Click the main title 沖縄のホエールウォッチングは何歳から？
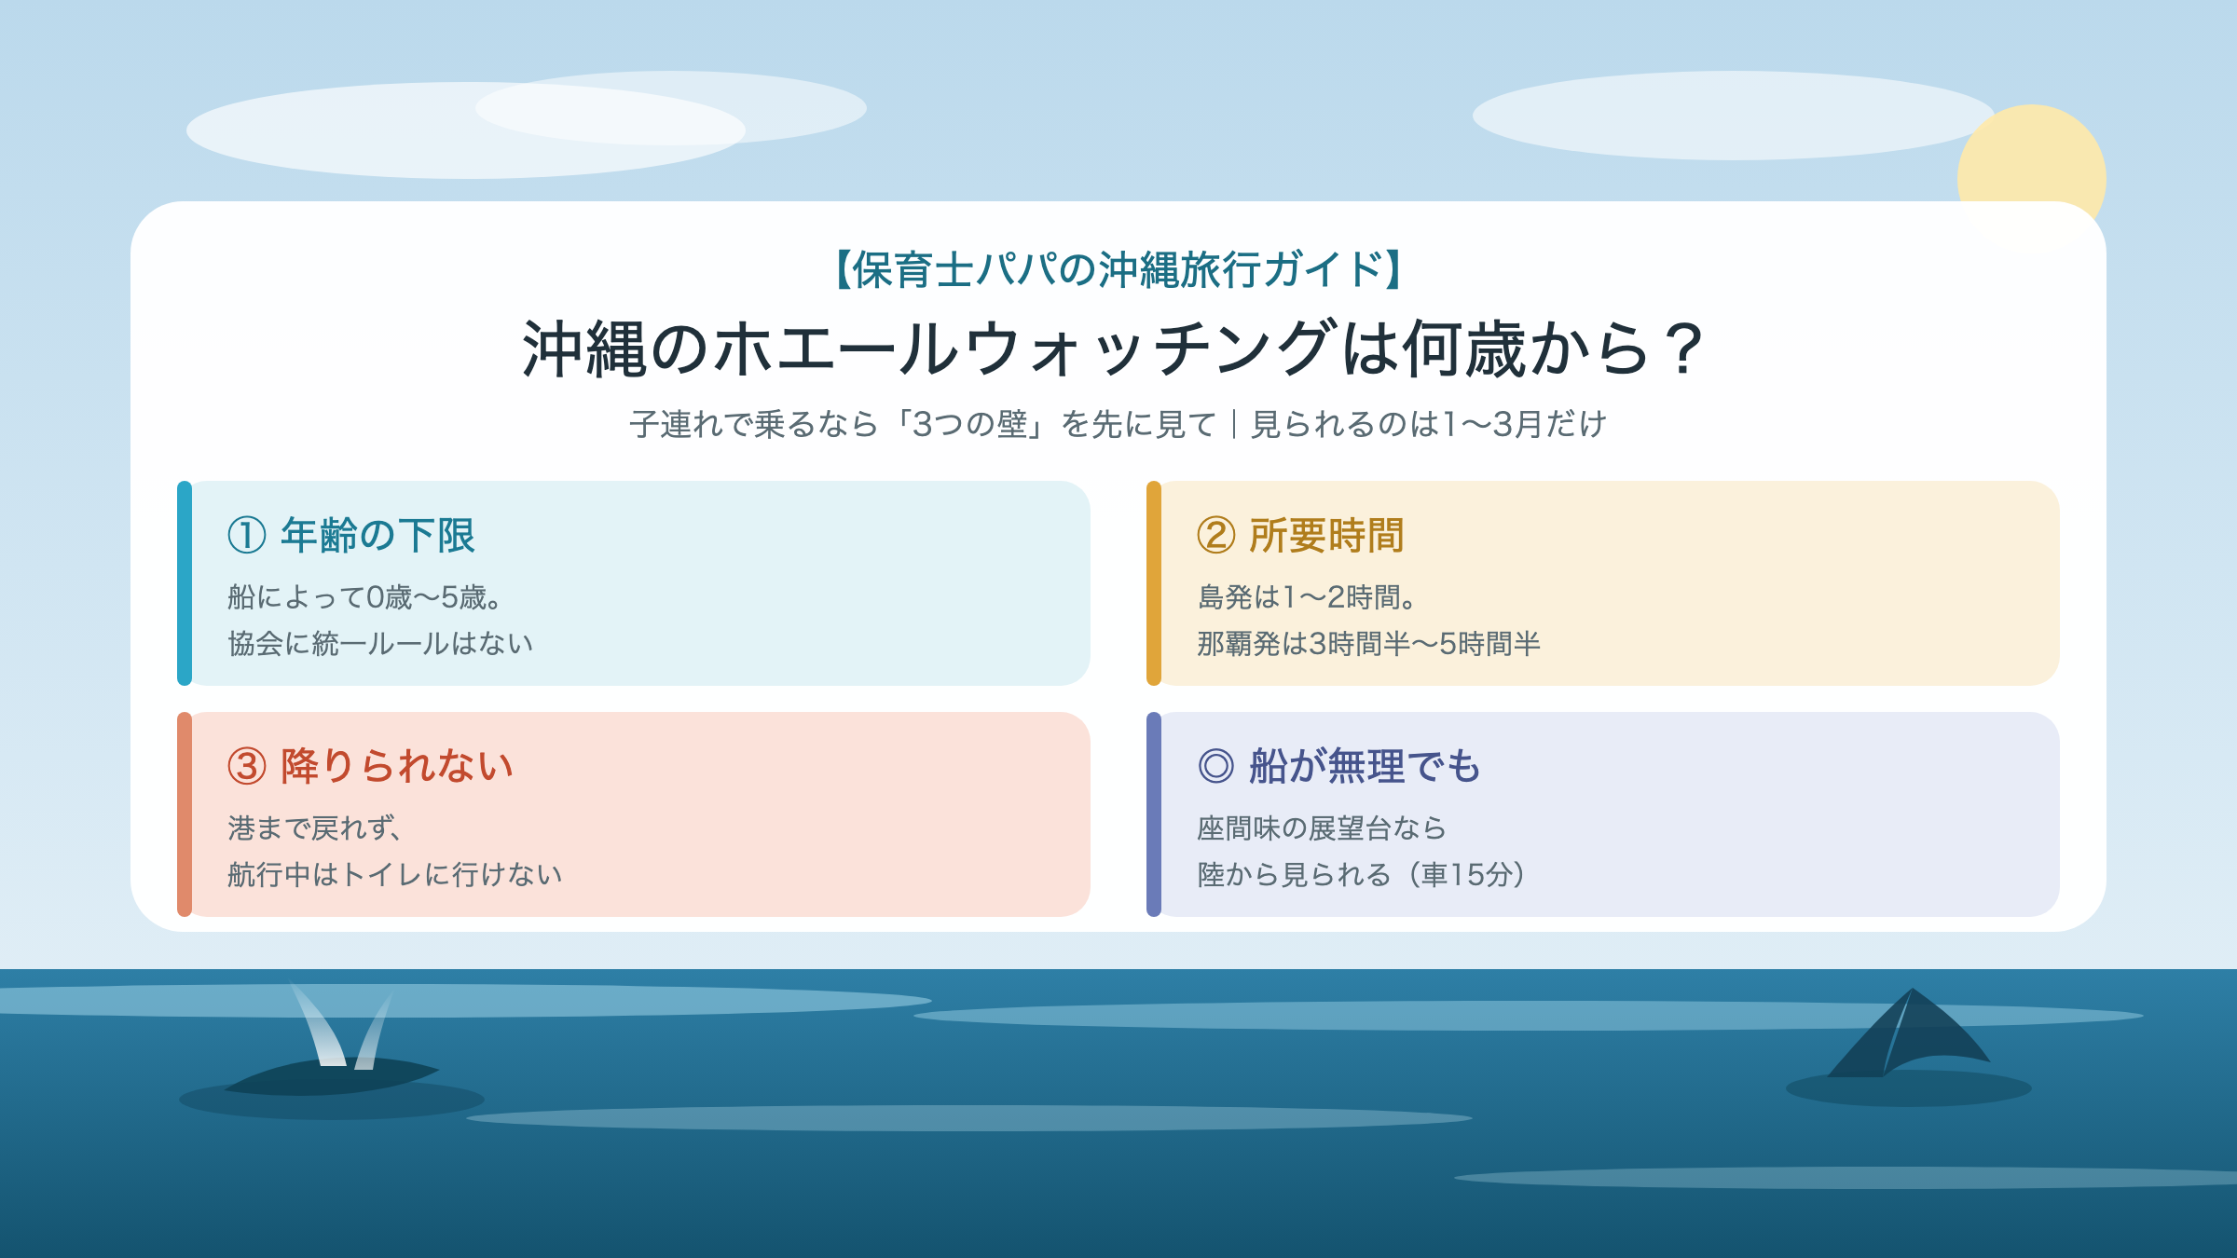coord(1115,349)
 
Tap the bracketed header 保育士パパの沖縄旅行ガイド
coord(1118,269)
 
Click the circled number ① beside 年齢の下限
coord(247,536)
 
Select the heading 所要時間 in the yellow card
coord(1326,536)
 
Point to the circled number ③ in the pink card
coord(247,766)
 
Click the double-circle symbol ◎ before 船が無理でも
coord(1216,766)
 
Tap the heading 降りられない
coord(397,766)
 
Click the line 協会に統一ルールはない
coord(380,643)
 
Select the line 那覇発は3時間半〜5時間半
coord(1368,643)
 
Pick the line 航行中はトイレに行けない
coord(395,874)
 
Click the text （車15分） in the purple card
coord(1467,874)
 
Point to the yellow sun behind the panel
coord(2032,154)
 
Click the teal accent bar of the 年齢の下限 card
coord(185,583)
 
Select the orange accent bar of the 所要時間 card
coord(1154,583)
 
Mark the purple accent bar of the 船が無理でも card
coord(1154,814)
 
